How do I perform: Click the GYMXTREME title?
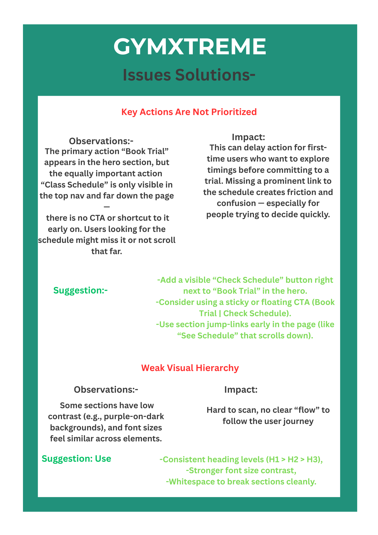(190, 47)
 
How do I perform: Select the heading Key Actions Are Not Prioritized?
(189, 112)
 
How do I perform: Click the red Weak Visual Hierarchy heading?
(190, 368)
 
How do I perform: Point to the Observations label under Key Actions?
(101, 141)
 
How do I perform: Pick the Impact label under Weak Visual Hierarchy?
(241, 389)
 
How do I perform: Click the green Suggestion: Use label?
(76, 458)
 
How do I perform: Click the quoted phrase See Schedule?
(208, 335)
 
